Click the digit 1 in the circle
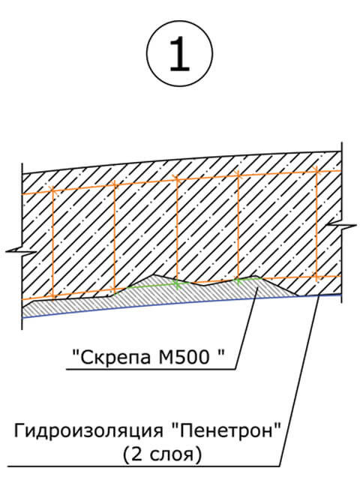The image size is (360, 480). pos(179,53)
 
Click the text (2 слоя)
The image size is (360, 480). pos(163,454)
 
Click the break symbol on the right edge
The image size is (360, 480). pos(341,226)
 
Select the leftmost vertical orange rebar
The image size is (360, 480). pos(52,243)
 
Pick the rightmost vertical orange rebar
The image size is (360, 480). pos(316,224)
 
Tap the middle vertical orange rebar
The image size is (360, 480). pos(177,230)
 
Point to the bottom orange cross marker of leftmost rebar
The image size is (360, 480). pos(52,295)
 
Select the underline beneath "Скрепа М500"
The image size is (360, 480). pos(151,369)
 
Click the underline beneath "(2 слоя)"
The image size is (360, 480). pos(143,466)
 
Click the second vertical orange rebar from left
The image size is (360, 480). pos(115,237)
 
